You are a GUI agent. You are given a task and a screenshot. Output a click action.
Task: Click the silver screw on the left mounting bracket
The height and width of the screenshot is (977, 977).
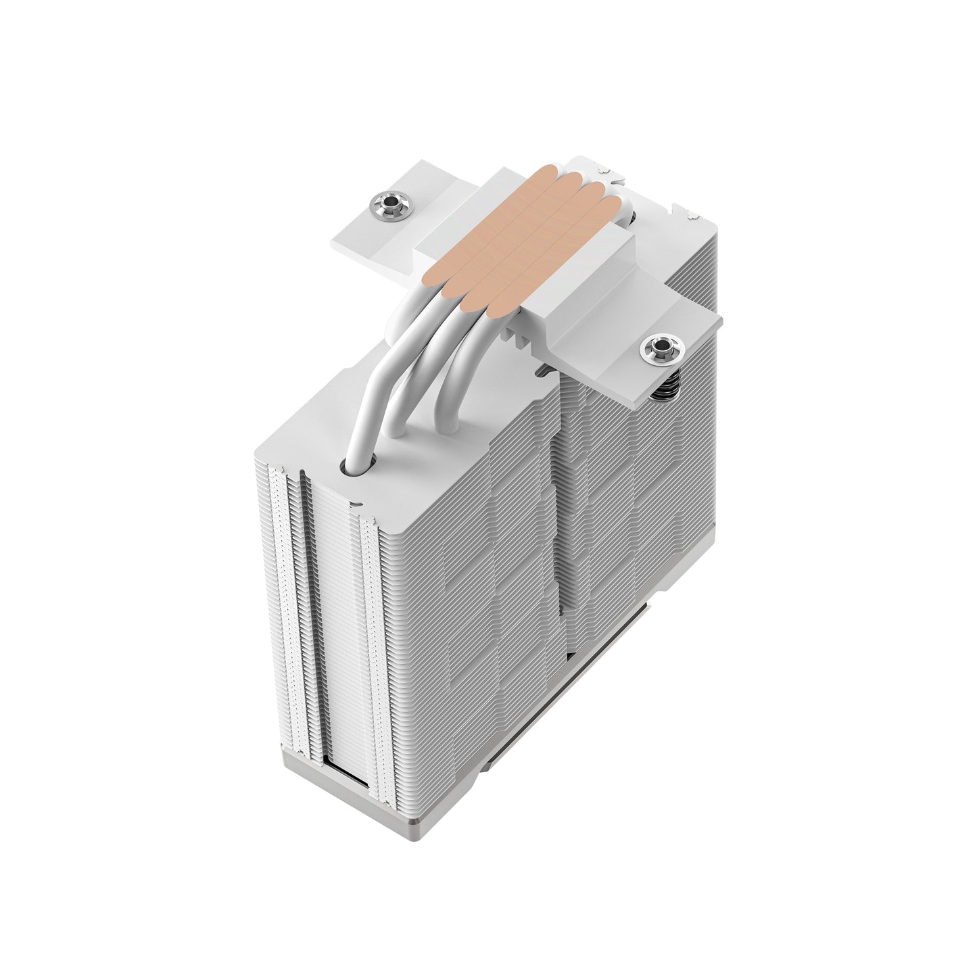click(383, 203)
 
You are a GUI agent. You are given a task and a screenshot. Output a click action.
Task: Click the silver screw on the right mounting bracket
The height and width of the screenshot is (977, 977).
click(653, 349)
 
